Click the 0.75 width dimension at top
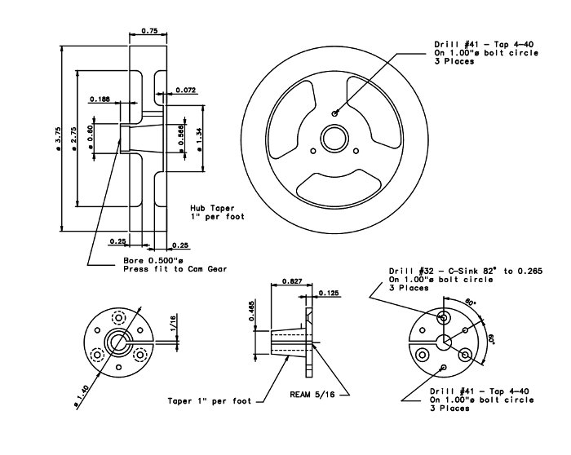click(149, 30)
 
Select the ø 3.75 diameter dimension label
click(58, 139)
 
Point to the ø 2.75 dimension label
click(73, 139)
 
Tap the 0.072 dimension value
click(186, 90)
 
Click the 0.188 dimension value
click(100, 99)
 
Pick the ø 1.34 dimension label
click(199, 139)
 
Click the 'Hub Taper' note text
click(212, 208)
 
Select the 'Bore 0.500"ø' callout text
click(153, 261)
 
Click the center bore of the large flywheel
click(334, 139)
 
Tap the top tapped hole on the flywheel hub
click(334, 113)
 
